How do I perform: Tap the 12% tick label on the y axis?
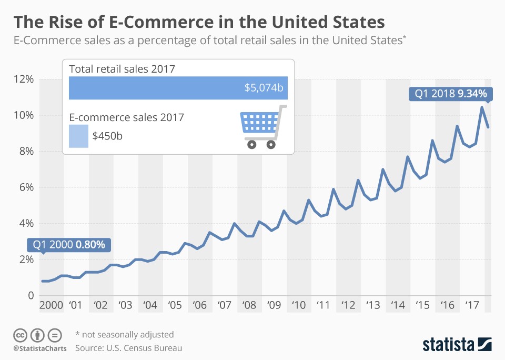(x=23, y=79)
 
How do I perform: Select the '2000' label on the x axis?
(x=51, y=305)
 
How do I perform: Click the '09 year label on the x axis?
(x=274, y=305)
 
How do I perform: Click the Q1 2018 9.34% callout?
(x=451, y=94)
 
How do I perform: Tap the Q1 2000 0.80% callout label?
(x=69, y=245)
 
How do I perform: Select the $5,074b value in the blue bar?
(x=264, y=88)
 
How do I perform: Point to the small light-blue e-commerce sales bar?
(x=78, y=136)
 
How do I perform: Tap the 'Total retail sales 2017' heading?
(x=122, y=68)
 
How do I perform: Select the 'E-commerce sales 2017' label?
(x=126, y=117)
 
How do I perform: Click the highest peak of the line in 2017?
(x=481, y=107)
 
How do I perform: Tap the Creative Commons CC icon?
(x=20, y=335)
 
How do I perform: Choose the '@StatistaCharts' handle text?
(x=39, y=348)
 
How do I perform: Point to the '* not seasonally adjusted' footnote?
(x=124, y=334)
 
